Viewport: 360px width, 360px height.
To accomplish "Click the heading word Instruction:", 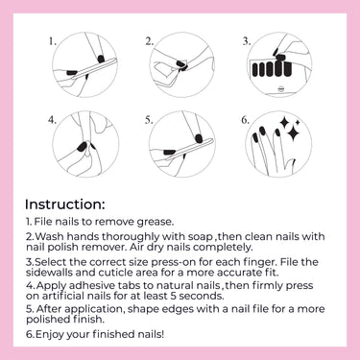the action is (x=64, y=204).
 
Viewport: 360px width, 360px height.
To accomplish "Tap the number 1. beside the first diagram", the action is (x=53, y=41).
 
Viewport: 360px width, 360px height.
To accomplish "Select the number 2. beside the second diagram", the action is (x=150, y=41).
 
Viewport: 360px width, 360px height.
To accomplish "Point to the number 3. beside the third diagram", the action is (x=246, y=41).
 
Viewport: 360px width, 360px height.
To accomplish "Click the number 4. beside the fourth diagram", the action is (x=53, y=120).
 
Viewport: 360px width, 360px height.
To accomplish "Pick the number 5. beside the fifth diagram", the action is (x=149, y=120).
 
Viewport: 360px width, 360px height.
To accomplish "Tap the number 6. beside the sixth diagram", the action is (x=245, y=120).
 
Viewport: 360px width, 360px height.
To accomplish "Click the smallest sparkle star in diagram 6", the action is (x=298, y=122).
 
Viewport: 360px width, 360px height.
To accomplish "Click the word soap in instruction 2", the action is (x=201, y=237).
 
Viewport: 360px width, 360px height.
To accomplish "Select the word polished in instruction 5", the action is (x=45, y=320).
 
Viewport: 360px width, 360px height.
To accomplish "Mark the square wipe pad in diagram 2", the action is (x=164, y=72).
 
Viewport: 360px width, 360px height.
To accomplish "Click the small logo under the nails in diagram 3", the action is (x=279, y=89).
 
